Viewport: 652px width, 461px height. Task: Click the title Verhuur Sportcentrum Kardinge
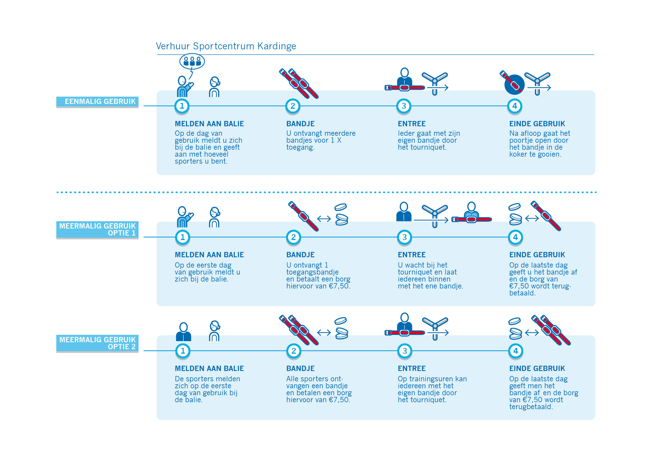[x=226, y=46]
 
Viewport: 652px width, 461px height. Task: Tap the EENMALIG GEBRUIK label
[x=97, y=102]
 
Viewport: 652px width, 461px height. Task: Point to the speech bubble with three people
[x=192, y=61]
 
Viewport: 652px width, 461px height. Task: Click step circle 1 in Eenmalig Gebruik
[x=182, y=106]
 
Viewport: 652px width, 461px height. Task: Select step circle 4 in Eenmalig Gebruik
[x=515, y=106]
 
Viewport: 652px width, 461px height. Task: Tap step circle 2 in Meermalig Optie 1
[x=293, y=237]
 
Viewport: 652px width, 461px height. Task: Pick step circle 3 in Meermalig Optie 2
[x=405, y=351]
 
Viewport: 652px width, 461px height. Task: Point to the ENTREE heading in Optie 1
[x=411, y=255]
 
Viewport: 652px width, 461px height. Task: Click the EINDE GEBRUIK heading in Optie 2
[x=537, y=368]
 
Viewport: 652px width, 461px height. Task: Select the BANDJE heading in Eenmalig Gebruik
[x=300, y=124]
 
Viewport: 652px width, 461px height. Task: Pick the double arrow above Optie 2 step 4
[x=532, y=333]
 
